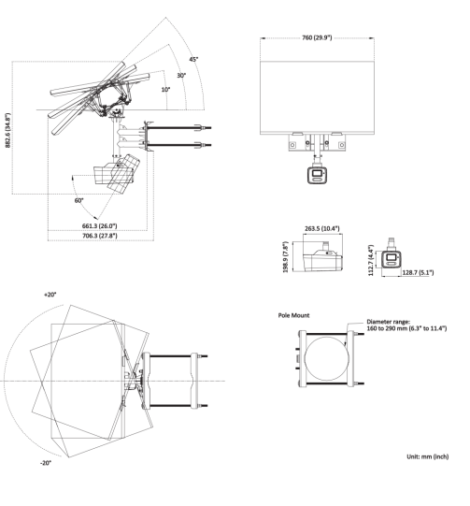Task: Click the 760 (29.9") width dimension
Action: pos(317,37)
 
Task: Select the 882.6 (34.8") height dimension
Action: pos(7,130)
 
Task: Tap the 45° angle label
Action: pos(193,59)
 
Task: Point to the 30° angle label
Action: pos(181,76)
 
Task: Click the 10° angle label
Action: pos(165,90)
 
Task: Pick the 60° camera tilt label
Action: pos(79,201)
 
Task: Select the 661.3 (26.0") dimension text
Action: pos(99,226)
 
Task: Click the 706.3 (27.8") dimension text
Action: pos(100,236)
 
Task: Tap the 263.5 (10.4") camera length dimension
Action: pos(322,228)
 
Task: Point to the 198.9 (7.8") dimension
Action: pos(285,257)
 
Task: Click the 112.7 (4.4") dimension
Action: pos(371,260)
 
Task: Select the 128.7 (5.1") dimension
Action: pos(418,273)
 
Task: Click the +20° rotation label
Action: pos(50,295)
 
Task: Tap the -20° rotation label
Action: pos(46,463)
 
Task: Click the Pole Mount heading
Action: pos(293,315)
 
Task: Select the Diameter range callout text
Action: pos(406,325)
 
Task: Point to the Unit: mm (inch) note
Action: pos(427,456)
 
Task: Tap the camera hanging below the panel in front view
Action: pos(317,175)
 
